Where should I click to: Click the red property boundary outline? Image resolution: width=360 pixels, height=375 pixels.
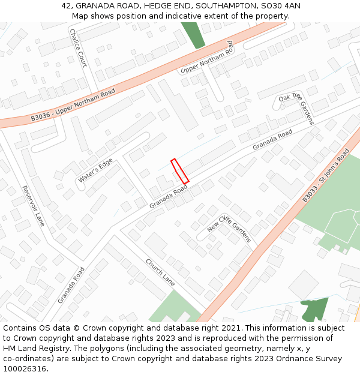pos(180,171)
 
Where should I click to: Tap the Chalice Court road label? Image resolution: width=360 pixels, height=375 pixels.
pos(79,48)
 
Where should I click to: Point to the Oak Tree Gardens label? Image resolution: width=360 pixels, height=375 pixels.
pos(296,109)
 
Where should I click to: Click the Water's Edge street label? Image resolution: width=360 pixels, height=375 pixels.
pos(95,171)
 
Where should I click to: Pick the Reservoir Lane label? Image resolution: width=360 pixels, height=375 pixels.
pos(33,206)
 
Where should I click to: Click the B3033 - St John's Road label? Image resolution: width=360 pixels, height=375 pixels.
pos(326,175)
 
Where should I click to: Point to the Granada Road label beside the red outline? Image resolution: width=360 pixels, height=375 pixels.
pos(169,197)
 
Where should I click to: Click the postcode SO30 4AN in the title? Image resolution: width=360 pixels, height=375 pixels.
pos(280,6)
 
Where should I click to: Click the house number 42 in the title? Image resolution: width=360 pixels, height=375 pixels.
pos(66,6)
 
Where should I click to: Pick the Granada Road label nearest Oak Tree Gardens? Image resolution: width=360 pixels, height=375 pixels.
pos(272,140)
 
